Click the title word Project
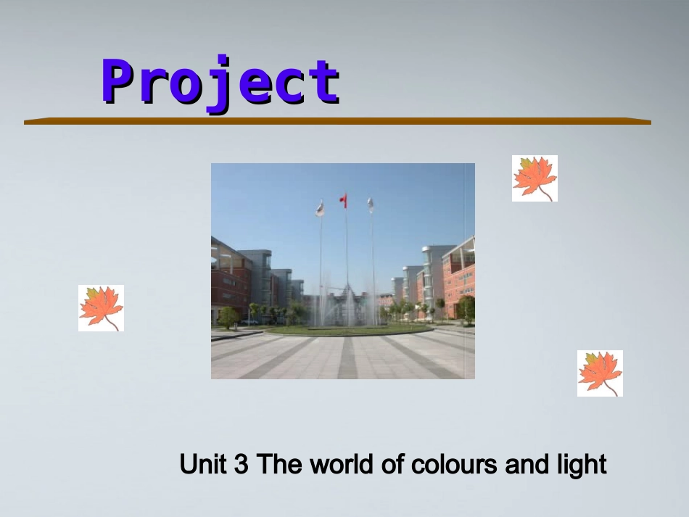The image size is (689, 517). (220, 82)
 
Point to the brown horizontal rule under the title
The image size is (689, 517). (337, 121)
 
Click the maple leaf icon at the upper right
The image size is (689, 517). (535, 178)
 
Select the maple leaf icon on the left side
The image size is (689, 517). (101, 308)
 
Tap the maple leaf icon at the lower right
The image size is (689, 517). (600, 373)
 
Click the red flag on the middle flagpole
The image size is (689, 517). (344, 199)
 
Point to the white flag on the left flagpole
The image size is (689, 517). (319, 209)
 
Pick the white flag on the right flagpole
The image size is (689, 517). (370, 204)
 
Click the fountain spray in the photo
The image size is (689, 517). (347, 308)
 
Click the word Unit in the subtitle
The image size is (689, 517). (203, 464)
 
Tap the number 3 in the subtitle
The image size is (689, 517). (242, 464)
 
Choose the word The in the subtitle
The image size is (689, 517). (279, 464)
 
